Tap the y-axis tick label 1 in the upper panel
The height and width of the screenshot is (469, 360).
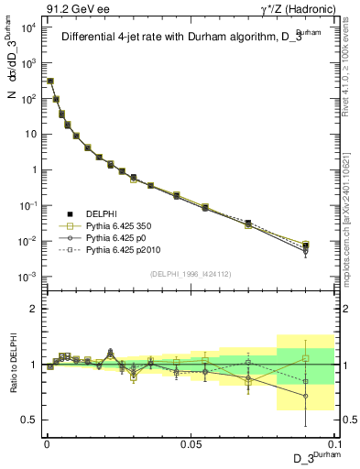click(31, 170)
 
